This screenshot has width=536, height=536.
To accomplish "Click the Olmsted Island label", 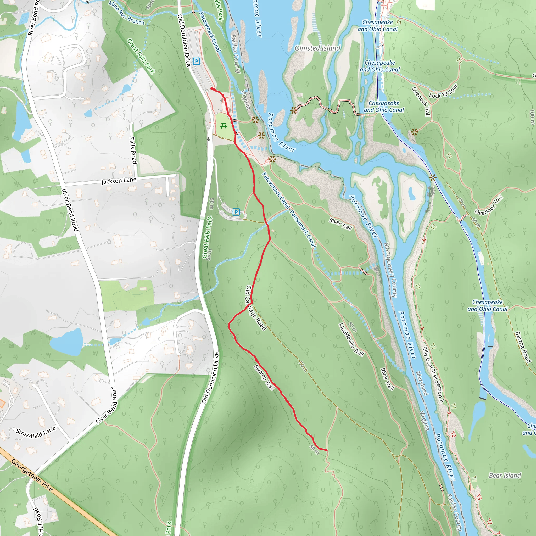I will click(x=317, y=48).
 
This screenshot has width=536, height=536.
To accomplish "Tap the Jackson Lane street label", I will click(x=119, y=181).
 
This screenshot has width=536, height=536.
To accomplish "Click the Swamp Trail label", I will click(x=264, y=378).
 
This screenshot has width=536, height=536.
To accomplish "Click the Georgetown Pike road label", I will click(x=32, y=475).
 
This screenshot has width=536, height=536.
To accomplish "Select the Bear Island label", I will click(x=505, y=476).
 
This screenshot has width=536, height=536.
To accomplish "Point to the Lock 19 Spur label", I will click(x=443, y=92).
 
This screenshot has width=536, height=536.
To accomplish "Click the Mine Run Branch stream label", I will click(x=126, y=13).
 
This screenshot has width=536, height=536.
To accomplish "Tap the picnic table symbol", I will click(x=224, y=126).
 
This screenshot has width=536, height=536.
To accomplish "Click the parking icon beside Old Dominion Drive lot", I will click(x=197, y=61).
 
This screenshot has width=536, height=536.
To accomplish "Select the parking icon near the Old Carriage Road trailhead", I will click(x=236, y=212).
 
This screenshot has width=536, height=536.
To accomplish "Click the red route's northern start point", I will click(x=212, y=88).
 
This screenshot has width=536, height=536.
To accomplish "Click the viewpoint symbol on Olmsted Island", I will click(x=294, y=110).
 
